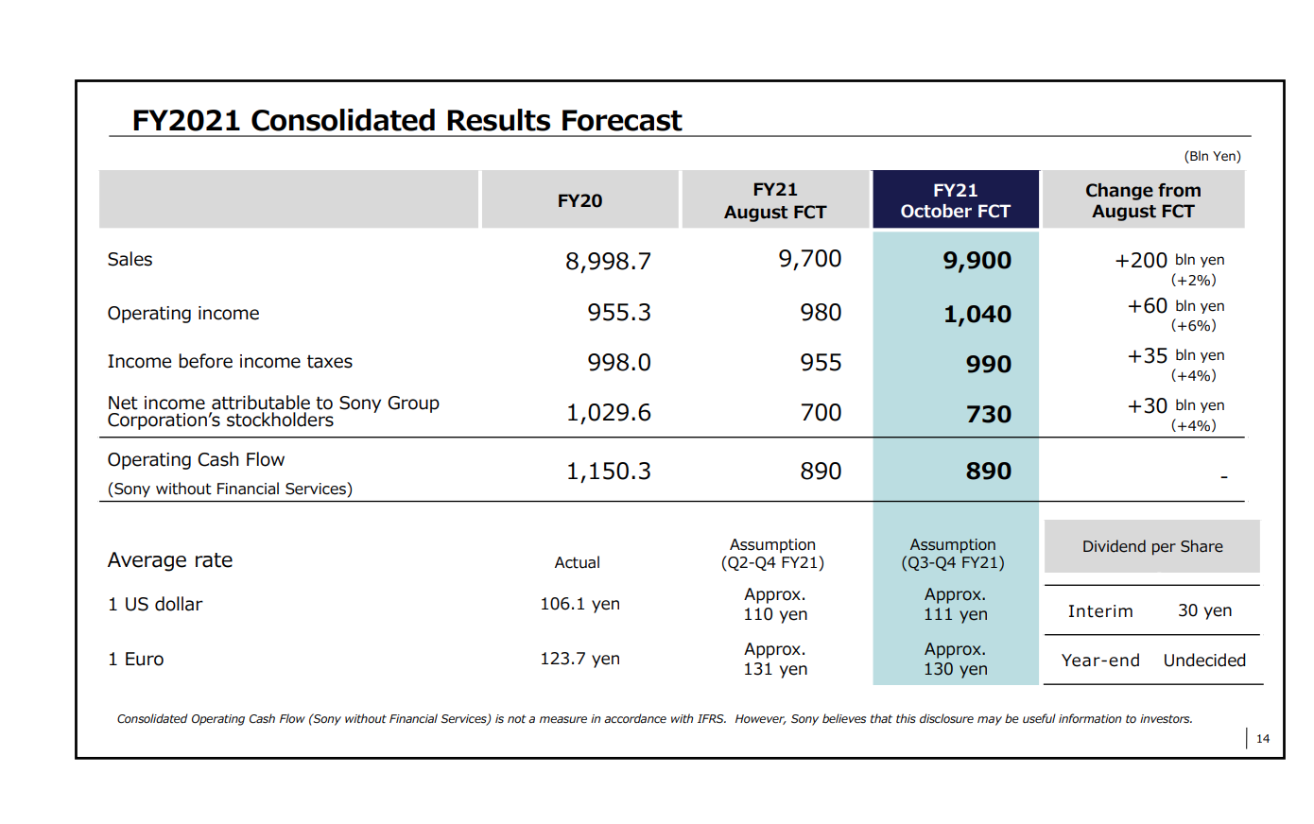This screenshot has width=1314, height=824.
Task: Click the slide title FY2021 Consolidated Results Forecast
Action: click(x=406, y=121)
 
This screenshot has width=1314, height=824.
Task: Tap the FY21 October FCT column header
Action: click(x=955, y=200)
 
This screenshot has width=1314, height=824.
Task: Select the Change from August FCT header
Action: click(x=1143, y=200)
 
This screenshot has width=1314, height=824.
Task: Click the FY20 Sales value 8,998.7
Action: click(x=608, y=262)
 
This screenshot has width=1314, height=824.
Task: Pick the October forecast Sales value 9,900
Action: click(x=977, y=261)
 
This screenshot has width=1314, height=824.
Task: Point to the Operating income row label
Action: click(x=183, y=314)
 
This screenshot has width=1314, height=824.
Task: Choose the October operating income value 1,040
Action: click(x=977, y=315)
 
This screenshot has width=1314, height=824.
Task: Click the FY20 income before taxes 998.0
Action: click(x=618, y=363)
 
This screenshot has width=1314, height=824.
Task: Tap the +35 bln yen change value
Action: click(x=1175, y=356)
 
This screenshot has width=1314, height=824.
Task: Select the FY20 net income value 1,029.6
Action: click(x=608, y=413)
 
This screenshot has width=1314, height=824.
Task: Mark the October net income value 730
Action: click(x=988, y=415)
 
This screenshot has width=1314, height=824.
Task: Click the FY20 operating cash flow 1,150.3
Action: click(x=608, y=472)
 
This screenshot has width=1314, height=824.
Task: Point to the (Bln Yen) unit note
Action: click(x=1212, y=156)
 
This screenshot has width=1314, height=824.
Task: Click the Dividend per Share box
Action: click(x=1151, y=546)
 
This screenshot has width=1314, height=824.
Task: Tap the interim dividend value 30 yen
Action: click(x=1204, y=610)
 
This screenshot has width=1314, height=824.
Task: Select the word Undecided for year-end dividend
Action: click(x=1204, y=661)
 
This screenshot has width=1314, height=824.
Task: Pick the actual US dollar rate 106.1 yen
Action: click(x=579, y=604)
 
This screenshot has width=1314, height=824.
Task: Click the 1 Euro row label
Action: click(x=136, y=660)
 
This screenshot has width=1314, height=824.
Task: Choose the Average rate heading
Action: click(x=170, y=560)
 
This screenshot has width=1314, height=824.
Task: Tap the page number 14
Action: click(x=1262, y=739)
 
